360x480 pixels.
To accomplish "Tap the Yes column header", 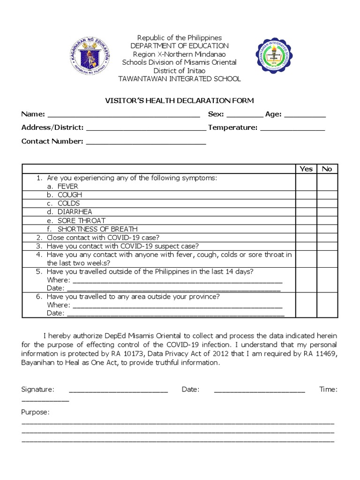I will click(306, 169).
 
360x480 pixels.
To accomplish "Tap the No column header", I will click(327, 169).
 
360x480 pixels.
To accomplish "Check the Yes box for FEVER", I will click(306, 186).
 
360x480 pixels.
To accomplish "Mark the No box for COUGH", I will click(327, 195).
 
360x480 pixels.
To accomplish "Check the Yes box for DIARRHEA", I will click(306, 212).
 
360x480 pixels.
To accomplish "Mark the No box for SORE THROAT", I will click(327, 220).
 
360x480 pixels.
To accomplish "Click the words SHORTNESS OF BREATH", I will click(97, 229).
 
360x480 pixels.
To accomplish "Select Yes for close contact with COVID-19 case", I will click(306, 238).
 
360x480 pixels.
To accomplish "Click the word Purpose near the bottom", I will click(35, 412).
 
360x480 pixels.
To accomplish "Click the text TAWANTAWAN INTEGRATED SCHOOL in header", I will click(180, 79).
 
